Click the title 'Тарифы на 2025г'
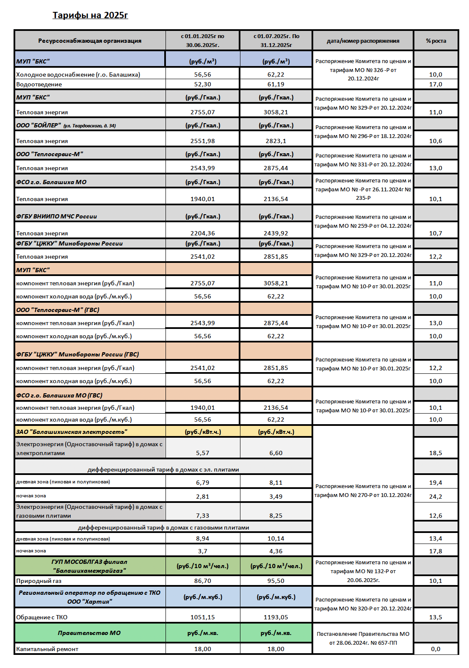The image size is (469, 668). point(90,15)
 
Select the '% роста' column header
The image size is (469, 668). point(436,41)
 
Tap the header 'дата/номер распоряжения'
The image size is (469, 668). point(363,41)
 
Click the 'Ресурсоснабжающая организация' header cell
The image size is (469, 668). point(90,41)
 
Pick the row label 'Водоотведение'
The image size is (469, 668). point(39,84)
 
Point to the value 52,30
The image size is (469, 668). point(203,84)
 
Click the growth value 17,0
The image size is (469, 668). point(436,84)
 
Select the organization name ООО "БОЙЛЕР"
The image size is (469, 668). point(38,125)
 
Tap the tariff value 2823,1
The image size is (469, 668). point(276,141)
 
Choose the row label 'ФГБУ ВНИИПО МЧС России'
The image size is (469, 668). point(57,216)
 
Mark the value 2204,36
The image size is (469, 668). point(203,233)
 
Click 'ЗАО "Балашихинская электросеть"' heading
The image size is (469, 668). point(72,432)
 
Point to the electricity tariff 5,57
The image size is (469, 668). point(203,453)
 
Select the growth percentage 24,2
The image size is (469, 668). point(436,497)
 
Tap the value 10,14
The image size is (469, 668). point(276,538)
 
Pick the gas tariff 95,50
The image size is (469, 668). point(276,581)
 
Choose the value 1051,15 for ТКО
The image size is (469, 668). point(203,617)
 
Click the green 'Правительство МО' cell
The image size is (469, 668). point(89,633)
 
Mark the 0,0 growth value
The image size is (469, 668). point(436,649)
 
